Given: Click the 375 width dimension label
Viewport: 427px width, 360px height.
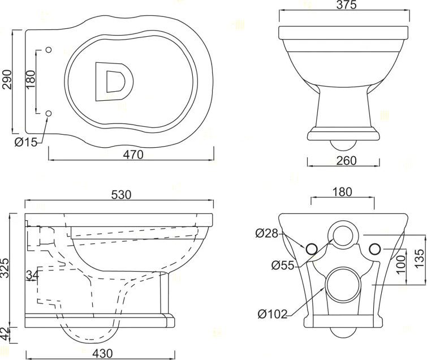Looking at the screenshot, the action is pyautogui.click(x=346, y=5).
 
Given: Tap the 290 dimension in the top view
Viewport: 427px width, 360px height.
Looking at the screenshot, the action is pyautogui.click(x=7, y=80).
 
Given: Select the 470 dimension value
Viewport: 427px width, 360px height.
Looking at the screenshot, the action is pyautogui.click(x=133, y=155).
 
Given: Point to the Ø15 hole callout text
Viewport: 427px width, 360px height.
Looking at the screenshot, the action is pyautogui.click(x=26, y=142).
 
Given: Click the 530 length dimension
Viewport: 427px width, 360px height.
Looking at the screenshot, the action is pyautogui.click(x=121, y=195).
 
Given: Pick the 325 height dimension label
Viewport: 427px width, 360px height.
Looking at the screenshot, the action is pyautogui.click(x=5, y=268).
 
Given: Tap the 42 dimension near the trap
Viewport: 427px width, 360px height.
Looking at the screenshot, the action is pyautogui.click(x=5, y=335).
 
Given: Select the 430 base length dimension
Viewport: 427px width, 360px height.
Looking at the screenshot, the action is pyautogui.click(x=102, y=353).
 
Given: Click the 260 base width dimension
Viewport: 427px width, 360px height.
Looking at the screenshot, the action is pyautogui.click(x=346, y=161).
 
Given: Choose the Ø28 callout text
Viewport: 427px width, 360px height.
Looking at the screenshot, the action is pyautogui.click(x=267, y=233).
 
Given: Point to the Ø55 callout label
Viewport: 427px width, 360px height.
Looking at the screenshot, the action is pyautogui.click(x=283, y=265).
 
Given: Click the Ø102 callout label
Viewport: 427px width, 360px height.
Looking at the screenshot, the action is pyautogui.click(x=273, y=314).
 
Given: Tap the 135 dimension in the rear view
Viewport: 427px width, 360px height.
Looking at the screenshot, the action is pyautogui.click(x=420, y=259).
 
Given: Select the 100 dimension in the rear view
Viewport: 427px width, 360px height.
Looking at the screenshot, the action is pyautogui.click(x=401, y=265).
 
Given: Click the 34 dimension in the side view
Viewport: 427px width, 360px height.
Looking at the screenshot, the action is pyautogui.click(x=32, y=275).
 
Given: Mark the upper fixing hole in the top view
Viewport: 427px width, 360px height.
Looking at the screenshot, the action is pyautogui.click(x=49, y=50).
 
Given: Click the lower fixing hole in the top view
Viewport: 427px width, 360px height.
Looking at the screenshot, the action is pyautogui.click(x=49, y=113).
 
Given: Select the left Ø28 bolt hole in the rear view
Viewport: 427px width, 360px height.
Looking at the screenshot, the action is pyautogui.click(x=312, y=249).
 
